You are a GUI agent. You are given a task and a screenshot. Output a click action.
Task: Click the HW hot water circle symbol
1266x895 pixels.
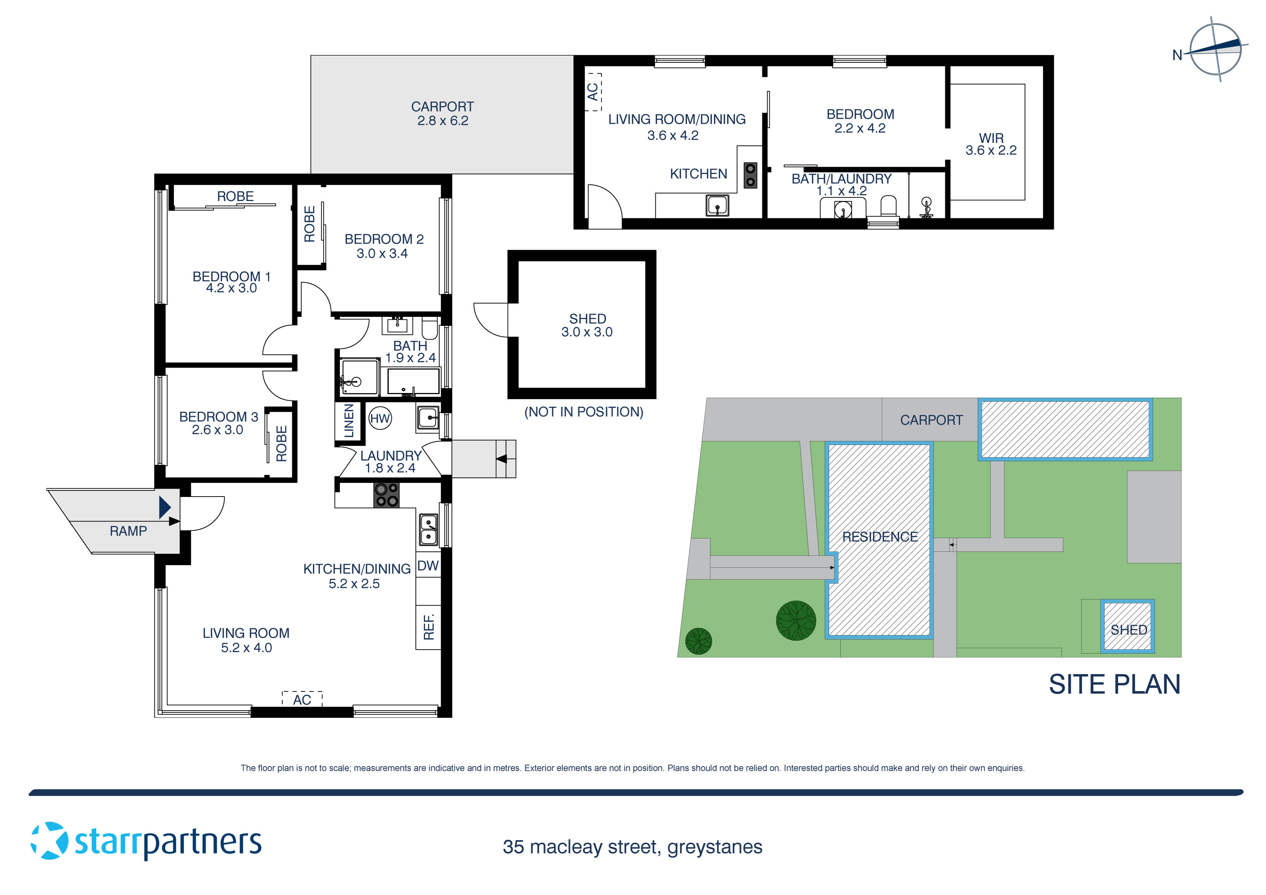point(380,419)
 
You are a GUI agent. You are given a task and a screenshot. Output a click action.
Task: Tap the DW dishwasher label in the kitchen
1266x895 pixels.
point(428,566)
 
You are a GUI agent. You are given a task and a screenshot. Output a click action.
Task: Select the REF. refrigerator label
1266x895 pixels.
point(428,627)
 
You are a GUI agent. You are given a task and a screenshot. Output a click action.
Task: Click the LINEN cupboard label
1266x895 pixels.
point(349,421)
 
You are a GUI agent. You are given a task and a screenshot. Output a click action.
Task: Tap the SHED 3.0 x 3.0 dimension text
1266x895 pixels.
point(587,332)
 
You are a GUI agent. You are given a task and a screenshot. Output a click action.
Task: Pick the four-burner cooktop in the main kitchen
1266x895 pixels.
point(387,495)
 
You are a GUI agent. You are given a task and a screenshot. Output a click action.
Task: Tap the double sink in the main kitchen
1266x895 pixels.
point(428,529)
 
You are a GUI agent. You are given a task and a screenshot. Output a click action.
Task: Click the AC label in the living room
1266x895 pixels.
point(302,700)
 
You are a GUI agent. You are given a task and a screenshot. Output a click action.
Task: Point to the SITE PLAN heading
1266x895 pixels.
point(1114,684)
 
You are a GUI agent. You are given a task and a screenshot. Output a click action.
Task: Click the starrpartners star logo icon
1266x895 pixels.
point(50,841)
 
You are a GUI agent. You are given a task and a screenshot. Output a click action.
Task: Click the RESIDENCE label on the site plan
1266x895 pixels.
point(880,537)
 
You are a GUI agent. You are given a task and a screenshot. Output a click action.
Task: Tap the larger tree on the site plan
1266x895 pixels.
point(796,620)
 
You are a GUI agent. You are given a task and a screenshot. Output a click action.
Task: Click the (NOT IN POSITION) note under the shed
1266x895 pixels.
point(583,412)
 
